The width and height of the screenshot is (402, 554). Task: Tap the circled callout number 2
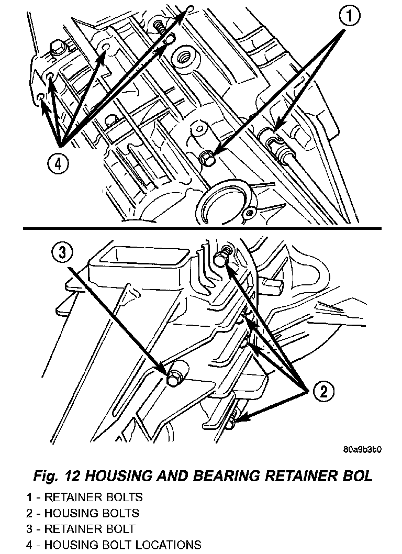[x=322, y=391]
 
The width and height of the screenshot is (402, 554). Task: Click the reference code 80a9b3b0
[x=363, y=450]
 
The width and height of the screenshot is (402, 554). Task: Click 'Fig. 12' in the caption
[x=56, y=476]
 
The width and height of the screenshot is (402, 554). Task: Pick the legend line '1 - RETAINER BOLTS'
[x=84, y=497]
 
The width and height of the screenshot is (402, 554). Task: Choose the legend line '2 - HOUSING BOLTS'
[x=83, y=513]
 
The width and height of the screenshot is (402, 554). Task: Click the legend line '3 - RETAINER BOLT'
[x=81, y=529]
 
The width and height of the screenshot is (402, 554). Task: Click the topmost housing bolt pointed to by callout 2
[x=222, y=258]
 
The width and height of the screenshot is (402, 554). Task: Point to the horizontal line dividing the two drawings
[x=201, y=229]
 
